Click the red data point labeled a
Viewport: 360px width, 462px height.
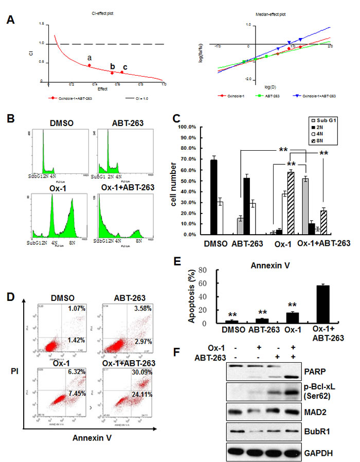[x=89, y=65]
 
